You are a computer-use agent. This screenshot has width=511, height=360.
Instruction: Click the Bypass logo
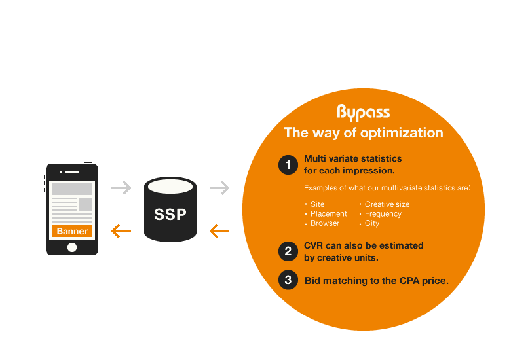click(363, 112)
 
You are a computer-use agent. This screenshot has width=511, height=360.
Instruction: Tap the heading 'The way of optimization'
click(363, 133)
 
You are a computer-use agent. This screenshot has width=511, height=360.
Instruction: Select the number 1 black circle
click(288, 166)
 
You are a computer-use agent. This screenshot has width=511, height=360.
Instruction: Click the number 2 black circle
click(288, 251)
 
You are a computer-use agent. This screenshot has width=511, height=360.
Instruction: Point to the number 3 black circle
click(288, 281)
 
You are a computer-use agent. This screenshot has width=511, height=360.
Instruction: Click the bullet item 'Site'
click(317, 204)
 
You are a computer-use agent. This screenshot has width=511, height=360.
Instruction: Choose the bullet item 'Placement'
click(328, 214)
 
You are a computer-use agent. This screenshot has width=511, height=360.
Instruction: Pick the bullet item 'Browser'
click(325, 223)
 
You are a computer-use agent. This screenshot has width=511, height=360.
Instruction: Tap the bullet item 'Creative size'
click(387, 204)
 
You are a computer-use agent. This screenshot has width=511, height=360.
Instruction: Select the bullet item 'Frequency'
click(383, 214)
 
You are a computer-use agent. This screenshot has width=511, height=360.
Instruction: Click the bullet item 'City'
click(371, 223)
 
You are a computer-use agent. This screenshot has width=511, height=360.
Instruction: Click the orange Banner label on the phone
click(72, 231)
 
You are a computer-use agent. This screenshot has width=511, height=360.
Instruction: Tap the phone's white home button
click(72, 247)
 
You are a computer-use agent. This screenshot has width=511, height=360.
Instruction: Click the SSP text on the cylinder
click(170, 215)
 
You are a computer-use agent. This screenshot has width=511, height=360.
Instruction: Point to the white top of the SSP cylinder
click(170, 187)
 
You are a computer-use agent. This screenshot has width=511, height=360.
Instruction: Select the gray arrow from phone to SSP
click(121, 189)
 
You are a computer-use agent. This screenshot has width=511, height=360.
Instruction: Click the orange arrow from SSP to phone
click(121, 230)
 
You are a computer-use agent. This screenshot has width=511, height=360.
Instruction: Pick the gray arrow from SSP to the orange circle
click(219, 189)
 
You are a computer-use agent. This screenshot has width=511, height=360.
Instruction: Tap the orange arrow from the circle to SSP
click(219, 230)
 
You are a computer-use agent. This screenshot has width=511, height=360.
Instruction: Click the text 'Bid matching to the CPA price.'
click(376, 281)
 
